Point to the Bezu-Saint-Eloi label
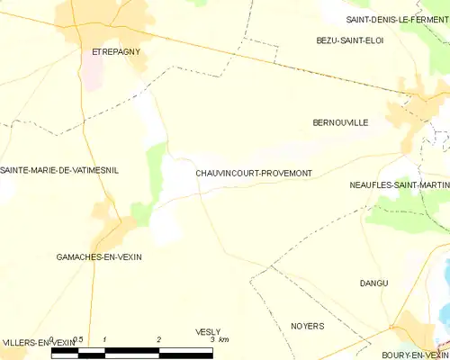[350, 40]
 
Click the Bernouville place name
[340, 122]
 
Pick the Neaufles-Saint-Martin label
[399, 185]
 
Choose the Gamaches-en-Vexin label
[99, 257]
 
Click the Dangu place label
[373, 283]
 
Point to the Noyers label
[308, 326]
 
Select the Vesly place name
[208, 332]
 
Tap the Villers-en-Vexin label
[38, 343]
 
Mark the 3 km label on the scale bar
[219, 339]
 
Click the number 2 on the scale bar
[158, 339]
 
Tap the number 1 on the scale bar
[105, 339]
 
